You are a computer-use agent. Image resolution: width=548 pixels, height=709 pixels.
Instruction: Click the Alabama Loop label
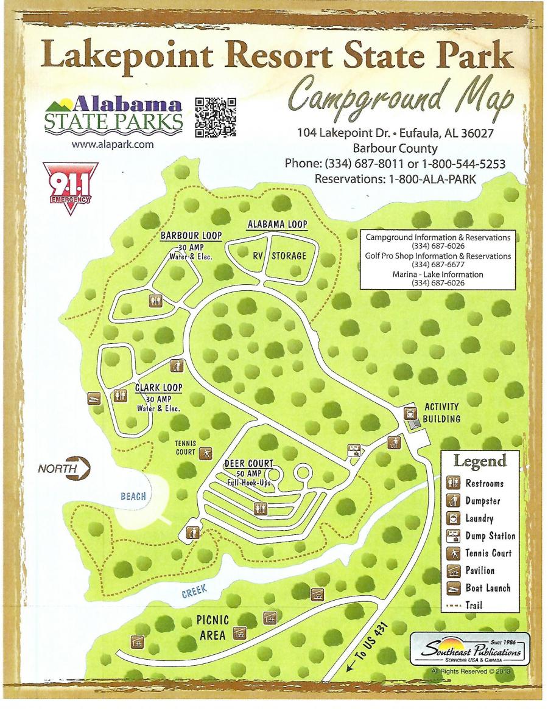(277, 224)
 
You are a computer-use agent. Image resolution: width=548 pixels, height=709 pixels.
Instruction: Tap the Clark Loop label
(159, 386)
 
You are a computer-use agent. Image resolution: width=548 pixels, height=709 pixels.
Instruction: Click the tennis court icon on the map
(206, 452)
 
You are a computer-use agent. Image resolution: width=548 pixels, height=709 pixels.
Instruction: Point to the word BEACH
(133, 497)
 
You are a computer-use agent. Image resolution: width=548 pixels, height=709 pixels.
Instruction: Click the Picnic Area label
(213, 627)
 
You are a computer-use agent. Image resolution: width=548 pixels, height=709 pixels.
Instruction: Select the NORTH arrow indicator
(64, 469)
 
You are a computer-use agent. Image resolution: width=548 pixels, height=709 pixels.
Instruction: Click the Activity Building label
(441, 412)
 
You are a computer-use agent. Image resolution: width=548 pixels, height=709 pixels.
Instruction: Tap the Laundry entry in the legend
(479, 519)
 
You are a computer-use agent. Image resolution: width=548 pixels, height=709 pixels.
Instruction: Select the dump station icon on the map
(353, 450)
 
